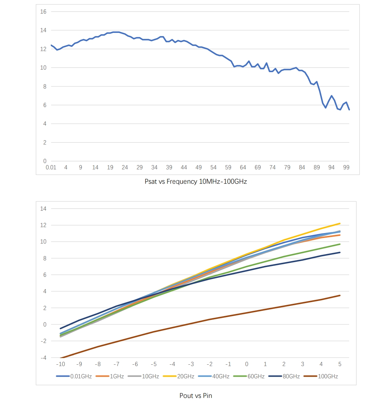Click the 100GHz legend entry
(321, 376)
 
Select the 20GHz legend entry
(179, 376)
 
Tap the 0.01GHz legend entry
(74, 376)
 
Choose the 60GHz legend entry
(249, 376)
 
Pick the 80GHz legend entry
(284, 376)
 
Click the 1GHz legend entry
(110, 376)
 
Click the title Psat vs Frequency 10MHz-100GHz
(195, 182)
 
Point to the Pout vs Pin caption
(195, 395)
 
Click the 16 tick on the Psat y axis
(43, 12)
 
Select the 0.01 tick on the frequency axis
(51, 168)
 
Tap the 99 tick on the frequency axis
(346, 168)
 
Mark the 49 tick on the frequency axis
(199, 168)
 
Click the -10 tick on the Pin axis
(61, 364)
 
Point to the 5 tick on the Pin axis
(340, 364)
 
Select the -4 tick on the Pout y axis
(43, 358)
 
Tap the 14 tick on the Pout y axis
(43, 209)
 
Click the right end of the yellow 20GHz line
(340, 223)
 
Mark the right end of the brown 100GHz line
(340, 295)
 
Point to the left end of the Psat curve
(51, 45)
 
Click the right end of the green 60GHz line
(340, 244)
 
